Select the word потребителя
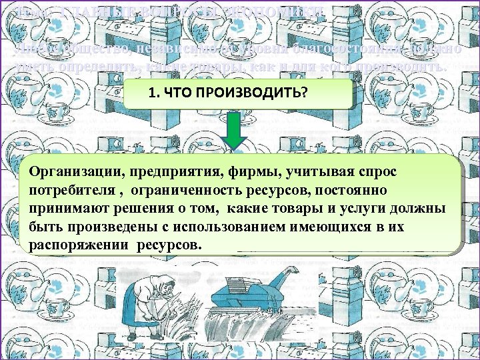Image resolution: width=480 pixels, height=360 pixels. pos(69,191)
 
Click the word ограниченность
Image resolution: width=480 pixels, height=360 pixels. pos(183,191)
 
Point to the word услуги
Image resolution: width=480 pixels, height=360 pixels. pos(377,209)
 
